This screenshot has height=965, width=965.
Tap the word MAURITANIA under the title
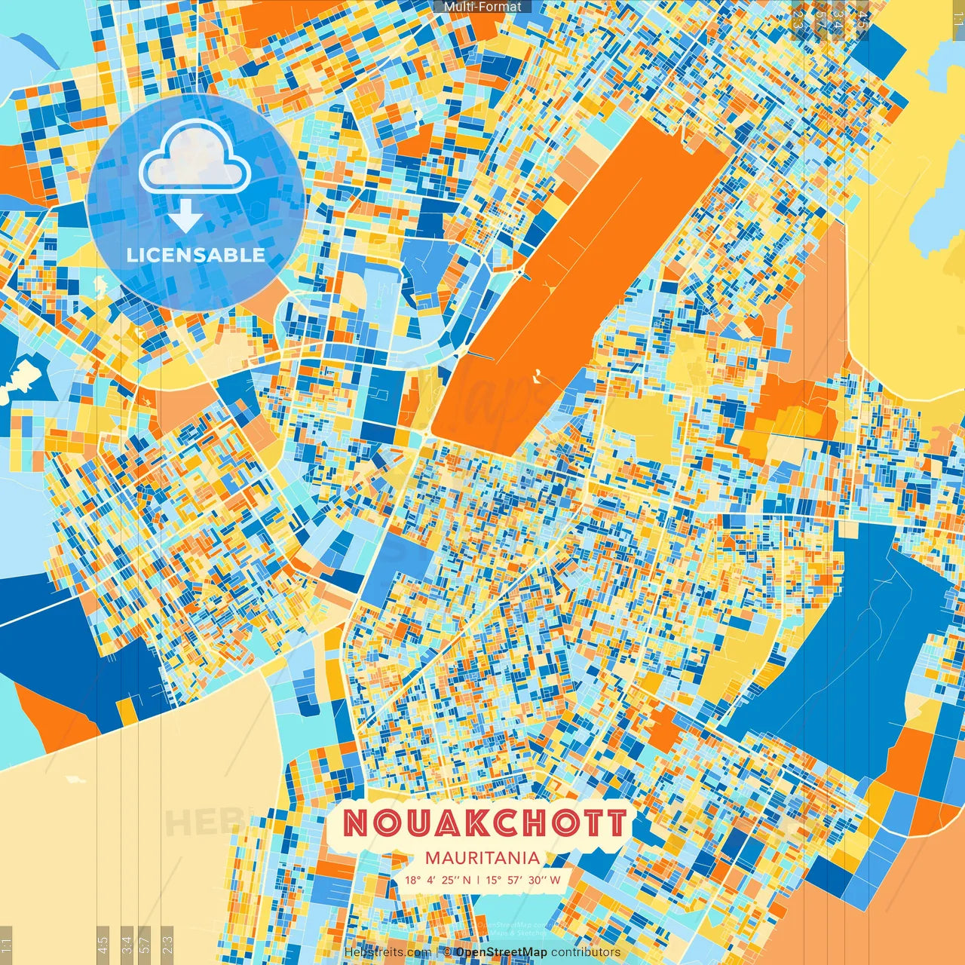pyautogui.click(x=482, y=858)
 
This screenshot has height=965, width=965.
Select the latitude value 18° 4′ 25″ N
pyautogui.click(x=437, y=880)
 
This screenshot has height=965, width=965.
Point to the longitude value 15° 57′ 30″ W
pyautogui.click(x=523, y=880)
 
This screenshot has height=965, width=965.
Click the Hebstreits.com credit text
pyautogui.click(x=388, y=952)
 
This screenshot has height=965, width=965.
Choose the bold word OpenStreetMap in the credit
pyautogui.click(x=501, y=952)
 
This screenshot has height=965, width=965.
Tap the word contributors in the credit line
pyautogui.click(x=585, y=952)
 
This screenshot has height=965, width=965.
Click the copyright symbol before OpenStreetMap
pyautogui.click(x=447, y=952)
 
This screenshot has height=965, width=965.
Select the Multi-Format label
pyautogui.click(x=482, y=7)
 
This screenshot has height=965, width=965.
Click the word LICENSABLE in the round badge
pyautogui.click(x=196, y=255)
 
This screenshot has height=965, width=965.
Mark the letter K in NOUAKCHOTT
pyautogui.click(x=468, y=823)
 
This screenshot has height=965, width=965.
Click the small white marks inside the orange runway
pyautogui.click(x=537, y=374)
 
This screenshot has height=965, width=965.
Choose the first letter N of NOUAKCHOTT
pyautogui.click(x=357, y=823)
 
